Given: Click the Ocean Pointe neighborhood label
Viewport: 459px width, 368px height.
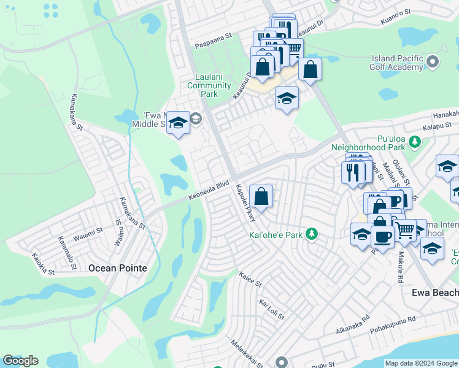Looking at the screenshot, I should [117, 268].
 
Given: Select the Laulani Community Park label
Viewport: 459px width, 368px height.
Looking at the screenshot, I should [209, 85].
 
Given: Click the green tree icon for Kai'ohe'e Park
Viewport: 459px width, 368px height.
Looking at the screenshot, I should [312, 234].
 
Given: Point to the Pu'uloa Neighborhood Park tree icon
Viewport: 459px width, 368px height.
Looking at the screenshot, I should [415, 142].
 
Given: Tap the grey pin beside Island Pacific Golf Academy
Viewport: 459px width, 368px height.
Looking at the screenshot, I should [433, 62].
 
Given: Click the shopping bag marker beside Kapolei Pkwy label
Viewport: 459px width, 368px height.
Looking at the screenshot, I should [261, 197].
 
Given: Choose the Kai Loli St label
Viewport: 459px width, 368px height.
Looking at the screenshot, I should [272, 310].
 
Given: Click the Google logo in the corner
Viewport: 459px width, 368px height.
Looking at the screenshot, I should [20, 361].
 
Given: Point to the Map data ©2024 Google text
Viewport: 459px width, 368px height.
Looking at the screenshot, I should [421, 363].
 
